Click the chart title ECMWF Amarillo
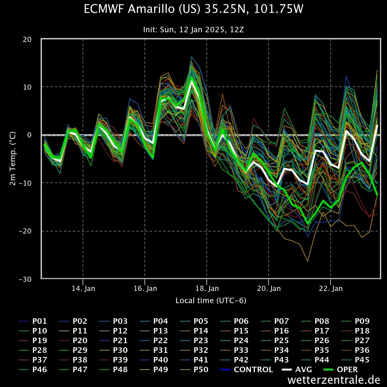pos(193,9)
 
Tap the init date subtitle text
pos(193,30)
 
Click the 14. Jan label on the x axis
pos(83,288)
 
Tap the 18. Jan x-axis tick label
pos(207,288)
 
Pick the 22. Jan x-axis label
pos(331,288)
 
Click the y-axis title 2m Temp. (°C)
pos(13,159)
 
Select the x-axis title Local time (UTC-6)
pos(211,301)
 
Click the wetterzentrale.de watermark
pos(334,380)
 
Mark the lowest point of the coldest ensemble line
pos(307,261)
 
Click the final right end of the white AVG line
pos(377,125)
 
